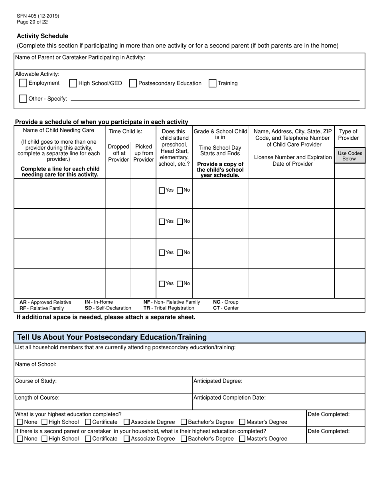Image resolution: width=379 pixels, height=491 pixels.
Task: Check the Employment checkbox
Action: pos(23,83)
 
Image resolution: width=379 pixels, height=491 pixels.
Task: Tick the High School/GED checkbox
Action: pos(73,83)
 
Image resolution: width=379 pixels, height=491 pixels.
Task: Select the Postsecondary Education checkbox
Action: pos(133,83)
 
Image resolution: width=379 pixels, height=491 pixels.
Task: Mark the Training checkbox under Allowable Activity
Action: pos(213,83)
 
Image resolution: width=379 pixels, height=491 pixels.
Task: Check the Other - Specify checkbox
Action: pos(23,99)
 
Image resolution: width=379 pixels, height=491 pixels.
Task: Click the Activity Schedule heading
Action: pos(42,36)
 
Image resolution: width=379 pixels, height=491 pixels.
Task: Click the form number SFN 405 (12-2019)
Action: pos(38,16)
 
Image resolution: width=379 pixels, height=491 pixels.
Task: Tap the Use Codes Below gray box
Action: pos(349,156)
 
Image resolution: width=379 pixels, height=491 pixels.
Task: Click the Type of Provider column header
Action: pos(348,135)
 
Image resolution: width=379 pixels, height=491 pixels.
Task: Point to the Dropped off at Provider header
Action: pos(118,153)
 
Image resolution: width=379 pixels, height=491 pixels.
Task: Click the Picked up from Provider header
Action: pos(143,153)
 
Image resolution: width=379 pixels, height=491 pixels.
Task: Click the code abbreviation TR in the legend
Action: pos(147,308)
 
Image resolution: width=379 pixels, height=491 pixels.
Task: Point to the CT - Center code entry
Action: pos(226,308)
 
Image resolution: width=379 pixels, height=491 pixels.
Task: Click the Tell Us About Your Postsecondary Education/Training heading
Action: pos(112,337)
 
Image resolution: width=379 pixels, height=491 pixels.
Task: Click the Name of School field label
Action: pos(36,364)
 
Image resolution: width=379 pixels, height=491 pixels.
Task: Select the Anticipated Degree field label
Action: pos(218,381)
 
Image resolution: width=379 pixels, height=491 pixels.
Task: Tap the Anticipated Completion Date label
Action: pos(229,398)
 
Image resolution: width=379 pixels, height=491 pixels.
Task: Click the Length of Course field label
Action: pos(37,398)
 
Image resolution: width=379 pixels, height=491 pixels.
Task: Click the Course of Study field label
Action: pos(36,381)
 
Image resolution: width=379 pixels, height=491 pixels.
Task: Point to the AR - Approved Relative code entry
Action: pos(45,302)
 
